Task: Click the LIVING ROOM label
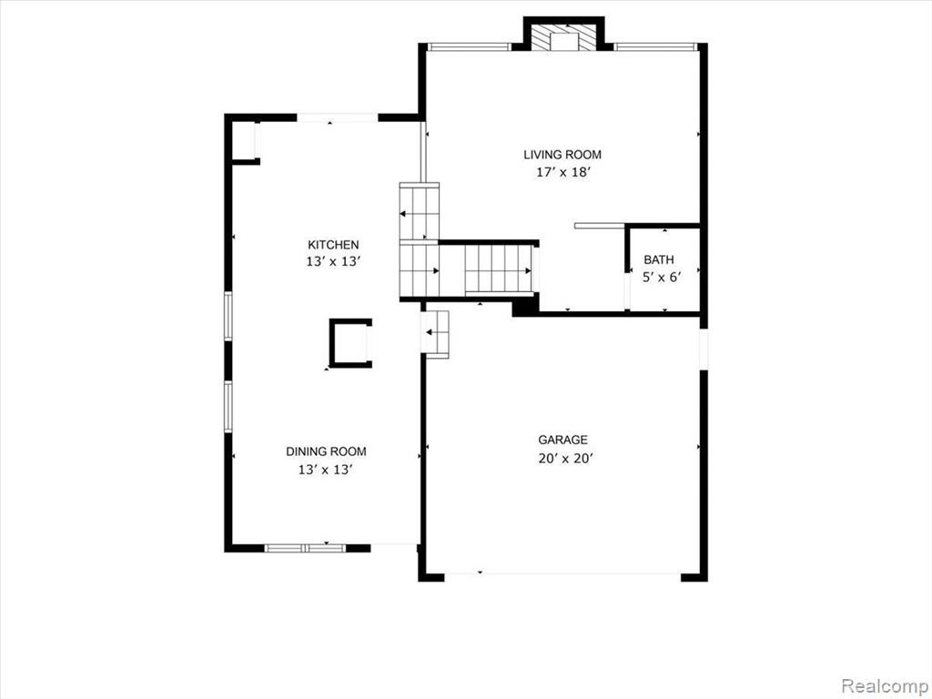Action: [x=562, y=155]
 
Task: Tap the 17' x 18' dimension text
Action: [x=562, y=173]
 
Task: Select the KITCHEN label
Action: [x=333, y=244]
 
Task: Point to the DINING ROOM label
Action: [x=327, y=451]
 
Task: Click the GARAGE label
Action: [x=562, y=440]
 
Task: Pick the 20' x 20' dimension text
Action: [x=566, y=459]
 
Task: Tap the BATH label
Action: [x=659, y=259]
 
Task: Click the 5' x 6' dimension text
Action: [x=661, y=277]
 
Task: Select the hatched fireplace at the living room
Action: [x=562, y=38]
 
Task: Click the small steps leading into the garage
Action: [x=435, y=335]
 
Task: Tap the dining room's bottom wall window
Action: [x=305, y=548]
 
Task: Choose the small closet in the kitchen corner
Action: [x=245, y=141]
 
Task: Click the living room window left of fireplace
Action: [x=469, y=46]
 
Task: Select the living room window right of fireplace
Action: [x=655, y=46]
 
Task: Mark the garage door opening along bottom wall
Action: [x=562, y=574]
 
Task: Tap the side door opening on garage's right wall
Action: [x=704, y=349]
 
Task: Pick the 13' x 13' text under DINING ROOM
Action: [x=327, y=470]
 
